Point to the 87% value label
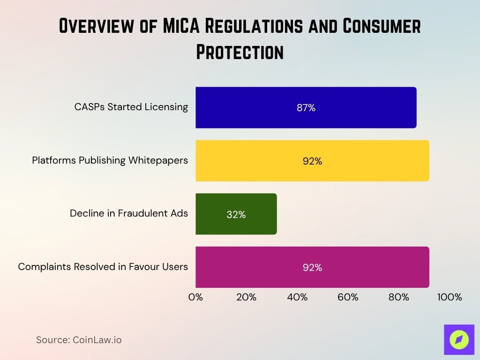(x=306, y=108)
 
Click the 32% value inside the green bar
(x=236, y=214)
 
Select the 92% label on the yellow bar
(x=312, y=161)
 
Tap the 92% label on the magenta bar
(x=312, y=268)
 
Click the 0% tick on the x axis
(x=195, y=297)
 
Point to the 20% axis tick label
(x=246, y=297)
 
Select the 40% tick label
(x=297, y=297)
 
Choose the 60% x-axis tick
(x=348, y=297)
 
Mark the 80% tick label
(x=399, y=297)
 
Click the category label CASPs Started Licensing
(x=131, y=107)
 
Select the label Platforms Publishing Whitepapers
(x=110, y=160)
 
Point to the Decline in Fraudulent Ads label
(x=128, y=213)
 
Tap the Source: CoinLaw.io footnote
(x=79, y=340)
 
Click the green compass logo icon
(x=459, y=339)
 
